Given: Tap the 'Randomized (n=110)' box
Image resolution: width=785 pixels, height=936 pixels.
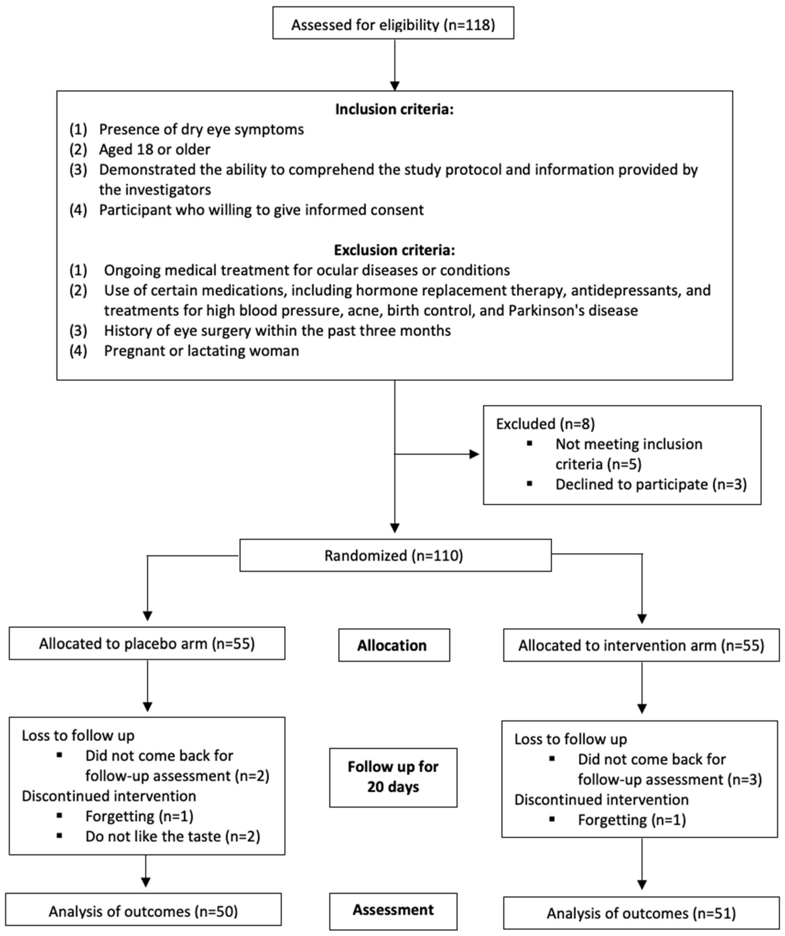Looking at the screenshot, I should click(395, 555).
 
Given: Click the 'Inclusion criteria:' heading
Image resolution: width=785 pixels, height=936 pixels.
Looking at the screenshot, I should click(394, 109).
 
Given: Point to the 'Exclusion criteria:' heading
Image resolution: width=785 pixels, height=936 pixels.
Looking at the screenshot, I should click(394, 250).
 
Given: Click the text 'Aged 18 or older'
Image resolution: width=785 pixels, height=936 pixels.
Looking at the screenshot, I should click(154, 149).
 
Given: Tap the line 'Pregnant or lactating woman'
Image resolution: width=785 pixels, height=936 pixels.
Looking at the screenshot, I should click(202, 351).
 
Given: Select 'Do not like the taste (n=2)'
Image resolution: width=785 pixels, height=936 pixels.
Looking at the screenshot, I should click(173, 836).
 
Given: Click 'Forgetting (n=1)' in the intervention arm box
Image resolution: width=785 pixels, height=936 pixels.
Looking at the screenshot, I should click(632, 820).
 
